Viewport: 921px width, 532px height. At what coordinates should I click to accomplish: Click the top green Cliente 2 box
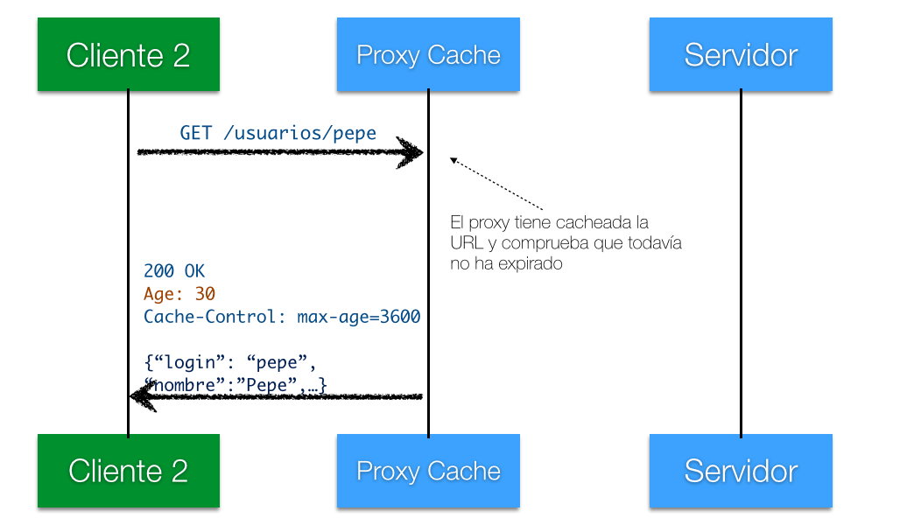point(129,54)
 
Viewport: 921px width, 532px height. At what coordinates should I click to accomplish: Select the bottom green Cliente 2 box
point(129,471)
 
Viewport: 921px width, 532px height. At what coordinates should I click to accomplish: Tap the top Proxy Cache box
point(428,54)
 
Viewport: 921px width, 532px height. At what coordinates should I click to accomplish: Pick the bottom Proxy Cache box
point(428,471)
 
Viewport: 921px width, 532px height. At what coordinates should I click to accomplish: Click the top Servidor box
point(741,54)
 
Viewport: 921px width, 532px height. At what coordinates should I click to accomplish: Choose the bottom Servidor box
point(741,471)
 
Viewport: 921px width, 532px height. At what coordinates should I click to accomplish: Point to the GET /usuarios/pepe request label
point(278,133)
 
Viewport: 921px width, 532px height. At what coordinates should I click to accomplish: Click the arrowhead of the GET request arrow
point(411,152)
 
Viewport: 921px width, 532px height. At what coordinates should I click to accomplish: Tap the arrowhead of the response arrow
point(143,396)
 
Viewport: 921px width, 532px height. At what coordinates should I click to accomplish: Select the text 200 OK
point(174,270)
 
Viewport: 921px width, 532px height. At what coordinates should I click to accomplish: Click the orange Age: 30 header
point(179,294)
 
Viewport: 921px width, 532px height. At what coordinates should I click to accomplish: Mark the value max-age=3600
point(359,317)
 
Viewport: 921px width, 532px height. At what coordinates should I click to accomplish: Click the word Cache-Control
point(210,317)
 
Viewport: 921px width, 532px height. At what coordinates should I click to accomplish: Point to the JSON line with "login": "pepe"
point(230,362)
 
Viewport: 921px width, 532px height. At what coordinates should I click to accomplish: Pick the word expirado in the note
point(531,263)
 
